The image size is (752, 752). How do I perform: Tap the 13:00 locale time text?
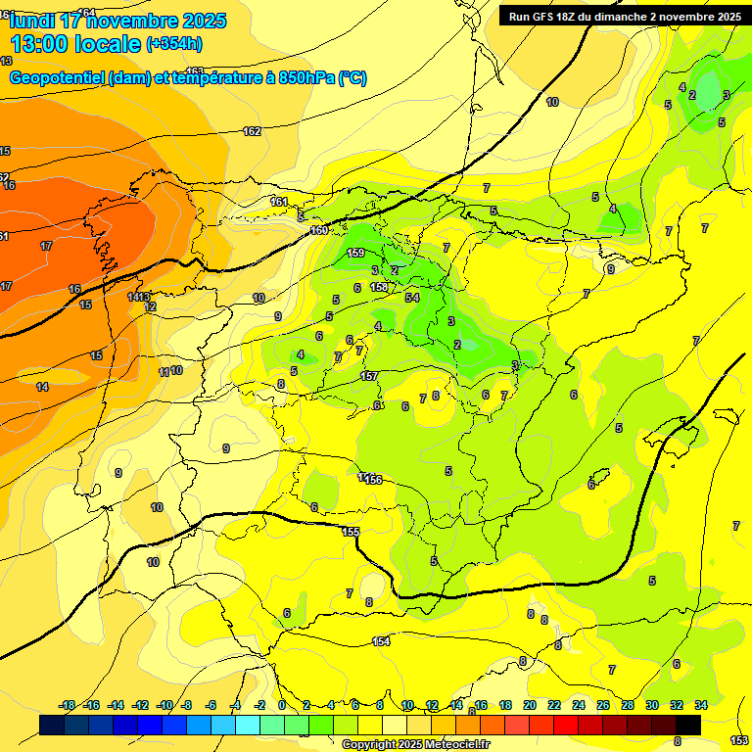pyautogui.click(x=75, y=43)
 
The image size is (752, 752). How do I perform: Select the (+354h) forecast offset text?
pyautogui.click(x=174, y=43)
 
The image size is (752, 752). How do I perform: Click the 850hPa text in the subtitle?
pyautogui.click(x=305, y=78)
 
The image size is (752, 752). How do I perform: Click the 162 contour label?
pyautogui.click(x=252, y=131)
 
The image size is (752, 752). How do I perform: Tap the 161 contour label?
pyautogui.click(x=279, y=202)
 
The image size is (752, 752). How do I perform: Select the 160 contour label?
pyautogui.click(x=319, y=231)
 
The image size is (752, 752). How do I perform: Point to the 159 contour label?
pyautogui.click(x=356, y=253)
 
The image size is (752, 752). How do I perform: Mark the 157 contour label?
pyautogui.click(x=369, y=376)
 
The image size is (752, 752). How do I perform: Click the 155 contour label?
pyautogui.click(x=351, y=532)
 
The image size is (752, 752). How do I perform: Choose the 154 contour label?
pyautogui.click(x=381, y=641)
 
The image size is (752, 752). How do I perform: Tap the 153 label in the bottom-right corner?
pyautogui.click(x=740, y=740)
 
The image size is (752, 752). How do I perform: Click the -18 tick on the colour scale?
pyautogui.click(x=68, y=705)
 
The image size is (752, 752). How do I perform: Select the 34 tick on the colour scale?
pyautogui.click(x=700, y=705)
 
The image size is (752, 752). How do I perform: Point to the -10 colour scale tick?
pyautogui.click(x=164, y=705)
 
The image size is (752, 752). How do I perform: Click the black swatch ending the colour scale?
pyautogui.click(x=688, y=725)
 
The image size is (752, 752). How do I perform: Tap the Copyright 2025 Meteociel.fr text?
pyautogui.click(x=415, y=745)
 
